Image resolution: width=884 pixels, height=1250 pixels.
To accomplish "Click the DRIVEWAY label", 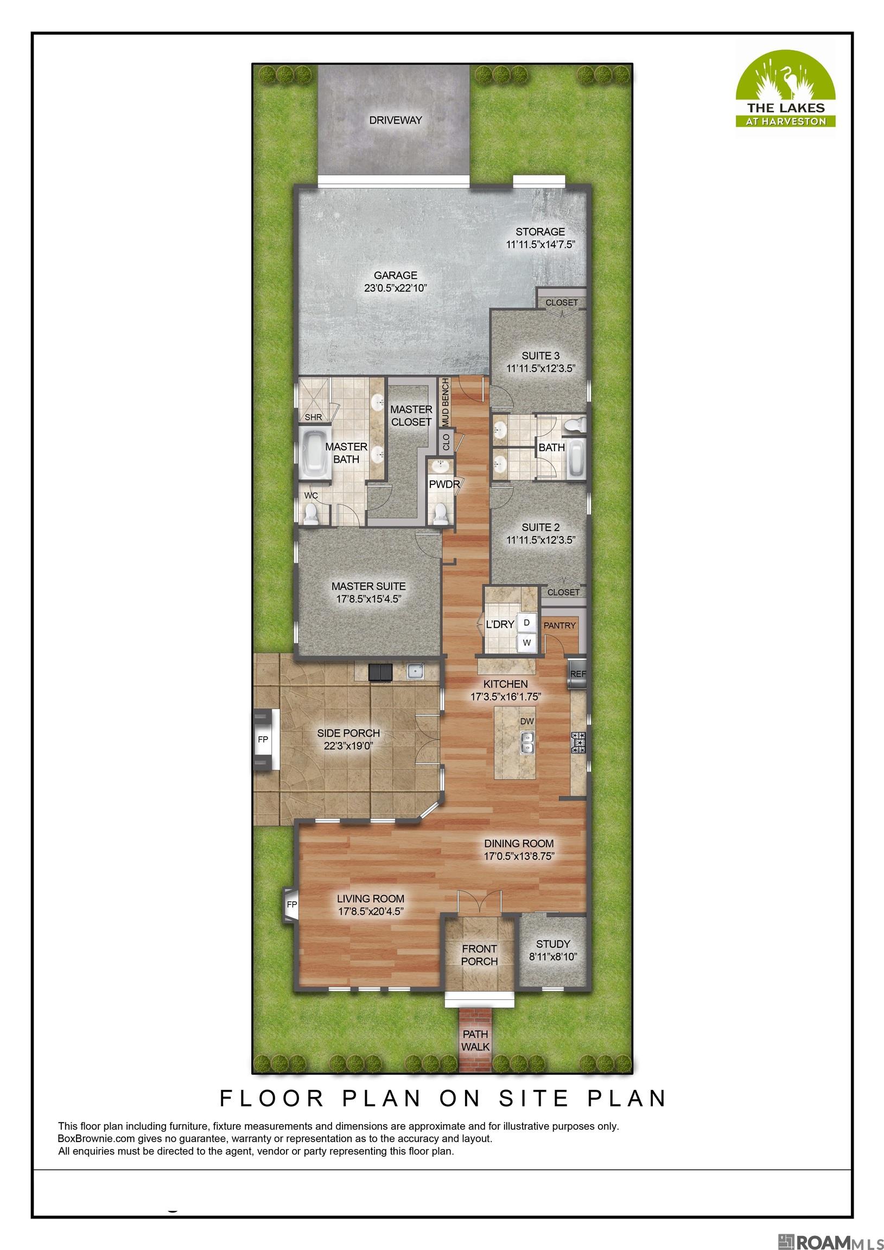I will (x=396, y=120).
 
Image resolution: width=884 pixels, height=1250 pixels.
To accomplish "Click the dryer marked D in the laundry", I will (x=527, y=622).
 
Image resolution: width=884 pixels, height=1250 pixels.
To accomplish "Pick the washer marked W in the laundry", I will (x=527, y=642).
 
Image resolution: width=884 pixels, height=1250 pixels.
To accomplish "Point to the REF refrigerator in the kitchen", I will (x=577, y=674).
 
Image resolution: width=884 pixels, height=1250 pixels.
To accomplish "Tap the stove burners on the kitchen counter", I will (x=577, y=742).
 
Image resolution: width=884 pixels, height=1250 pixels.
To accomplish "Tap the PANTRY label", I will (x=559, y=626).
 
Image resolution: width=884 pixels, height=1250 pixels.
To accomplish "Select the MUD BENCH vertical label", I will (x=445, y=402).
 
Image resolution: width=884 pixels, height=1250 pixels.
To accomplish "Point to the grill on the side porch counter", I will (x=379, y=673).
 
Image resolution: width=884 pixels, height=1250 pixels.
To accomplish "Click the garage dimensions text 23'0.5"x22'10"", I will (x=396, y=288).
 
